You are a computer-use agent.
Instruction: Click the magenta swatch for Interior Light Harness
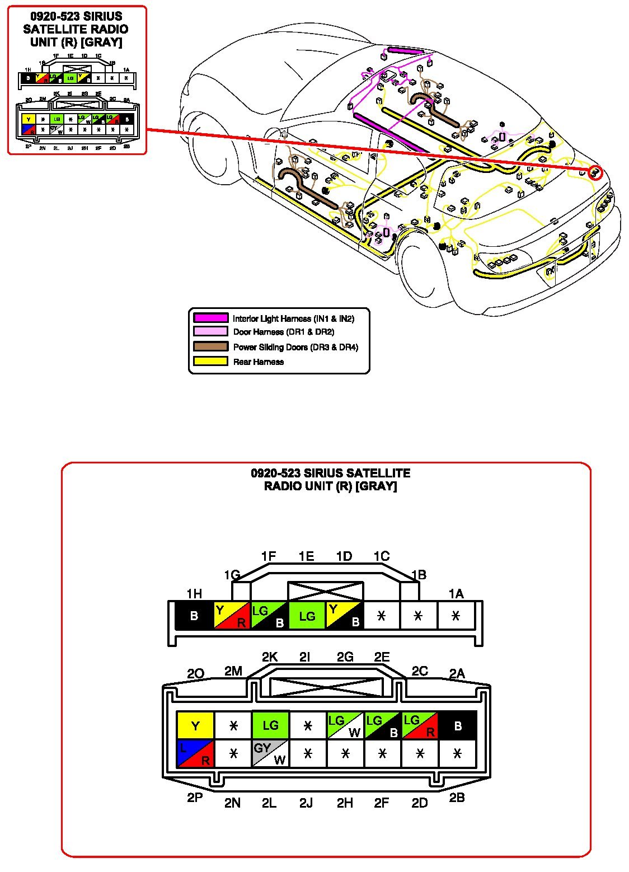point(211,318)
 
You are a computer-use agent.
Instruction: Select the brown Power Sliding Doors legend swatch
point(211,346)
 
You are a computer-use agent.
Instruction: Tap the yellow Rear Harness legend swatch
point(211,362)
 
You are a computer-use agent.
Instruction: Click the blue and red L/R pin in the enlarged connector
point(195,753)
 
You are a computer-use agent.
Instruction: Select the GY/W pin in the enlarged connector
point(270,753)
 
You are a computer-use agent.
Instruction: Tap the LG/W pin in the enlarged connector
point(345,725)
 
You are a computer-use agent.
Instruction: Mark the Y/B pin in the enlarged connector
point(345,616)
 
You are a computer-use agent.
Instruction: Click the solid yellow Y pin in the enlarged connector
point(195,725)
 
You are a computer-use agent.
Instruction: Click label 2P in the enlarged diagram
point(194,798)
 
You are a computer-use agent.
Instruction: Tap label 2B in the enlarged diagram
point(457,798)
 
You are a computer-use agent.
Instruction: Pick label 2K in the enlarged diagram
point(270,657)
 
